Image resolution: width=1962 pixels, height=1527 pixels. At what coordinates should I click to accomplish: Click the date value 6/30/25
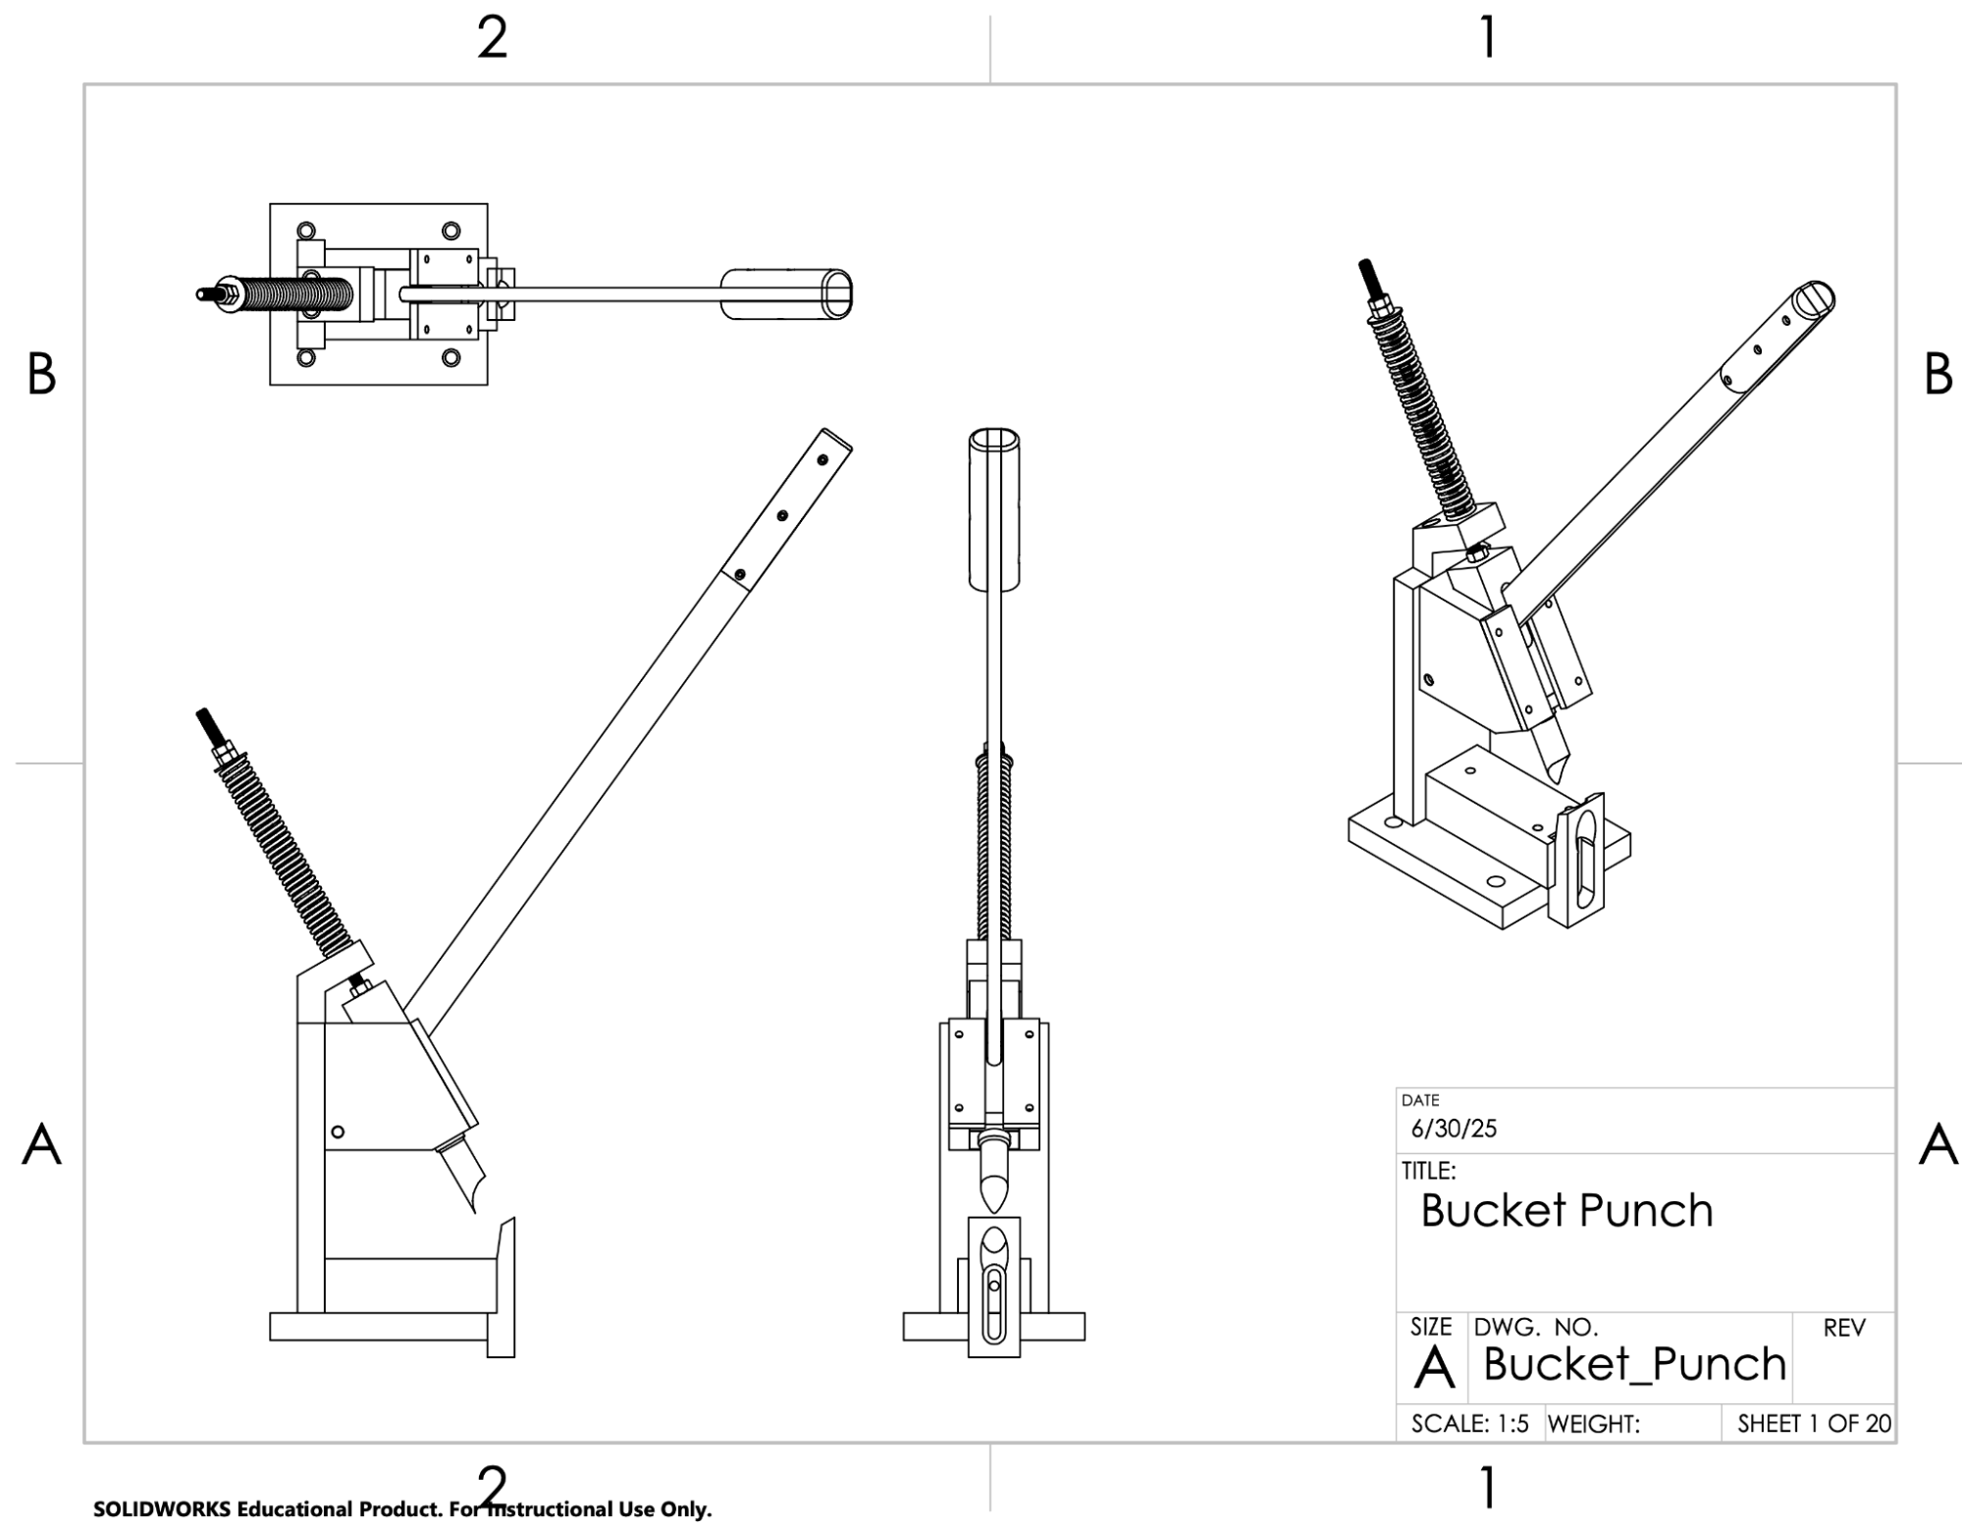click(1454, 1129)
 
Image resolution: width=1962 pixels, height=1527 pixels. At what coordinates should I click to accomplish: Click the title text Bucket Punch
click(1566, 1211)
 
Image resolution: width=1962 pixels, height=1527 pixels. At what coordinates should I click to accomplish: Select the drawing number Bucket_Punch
click(1634, 1364)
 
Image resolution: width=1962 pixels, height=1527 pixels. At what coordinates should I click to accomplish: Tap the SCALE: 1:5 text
click(1469, 1424)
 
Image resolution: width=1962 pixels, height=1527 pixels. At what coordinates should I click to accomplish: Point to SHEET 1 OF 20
click(1813, 1424)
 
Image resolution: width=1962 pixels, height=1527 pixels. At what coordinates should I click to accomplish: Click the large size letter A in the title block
click(1434, 1367)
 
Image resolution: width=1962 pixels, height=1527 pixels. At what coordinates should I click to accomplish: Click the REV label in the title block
click(1843, 1329)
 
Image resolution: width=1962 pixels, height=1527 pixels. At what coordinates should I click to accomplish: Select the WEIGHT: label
click(1594, 1424)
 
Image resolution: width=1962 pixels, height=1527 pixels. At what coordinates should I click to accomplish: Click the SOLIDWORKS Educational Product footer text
click(402, 1509)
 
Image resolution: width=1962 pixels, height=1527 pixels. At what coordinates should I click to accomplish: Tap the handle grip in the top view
click(786, 293)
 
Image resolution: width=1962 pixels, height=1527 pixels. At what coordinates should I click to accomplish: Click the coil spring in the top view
click(295, 293)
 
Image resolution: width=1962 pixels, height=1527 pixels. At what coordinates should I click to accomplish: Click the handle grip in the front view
click(994, 509)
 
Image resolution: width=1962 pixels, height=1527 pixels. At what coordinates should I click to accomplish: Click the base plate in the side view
click(383, 1327)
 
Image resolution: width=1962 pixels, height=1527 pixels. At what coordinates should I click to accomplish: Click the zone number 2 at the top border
click(492, 38)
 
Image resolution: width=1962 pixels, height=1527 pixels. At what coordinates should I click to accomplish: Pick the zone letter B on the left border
click(41, 375)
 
